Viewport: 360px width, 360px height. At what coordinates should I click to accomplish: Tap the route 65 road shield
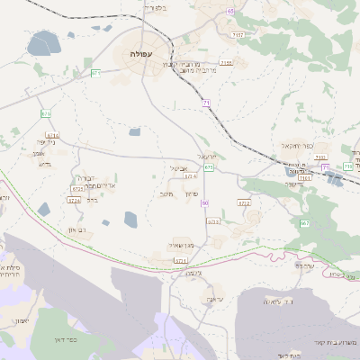pyautogui.click(x=230, y=11)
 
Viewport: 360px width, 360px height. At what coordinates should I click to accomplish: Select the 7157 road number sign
pyautogui.click(x=237, y=34)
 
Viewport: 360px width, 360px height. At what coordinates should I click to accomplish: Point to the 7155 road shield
pyautogui.click(x=226, y=62)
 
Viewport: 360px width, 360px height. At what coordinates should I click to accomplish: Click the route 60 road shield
pyautogui.click(x=205, y=202)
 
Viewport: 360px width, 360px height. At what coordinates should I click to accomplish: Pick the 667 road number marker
pyautogui.click(x=305, y=222)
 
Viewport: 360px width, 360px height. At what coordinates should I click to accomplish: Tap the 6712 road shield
pyautogui.click(x=244, y=203)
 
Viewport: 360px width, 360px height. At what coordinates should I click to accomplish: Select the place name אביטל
pyautogui.click(x=178, y=167)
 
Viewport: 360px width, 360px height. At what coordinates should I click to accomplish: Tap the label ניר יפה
pyautogui.click(x=46, y=141)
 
